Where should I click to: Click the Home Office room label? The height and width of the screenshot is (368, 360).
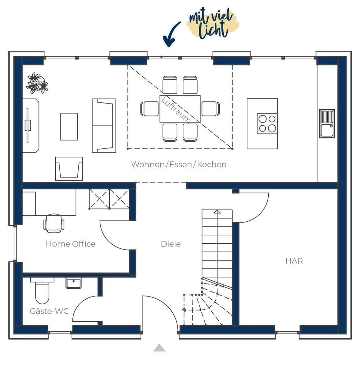coord(71,244)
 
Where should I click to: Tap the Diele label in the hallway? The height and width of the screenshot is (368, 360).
coord(171,244)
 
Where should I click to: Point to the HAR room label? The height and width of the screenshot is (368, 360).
coord(294,261)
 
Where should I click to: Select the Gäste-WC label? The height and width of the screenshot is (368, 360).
coord(49,311)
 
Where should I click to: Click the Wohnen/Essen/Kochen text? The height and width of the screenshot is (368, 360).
coord(179,165)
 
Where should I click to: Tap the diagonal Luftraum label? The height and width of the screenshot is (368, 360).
coord(176,110)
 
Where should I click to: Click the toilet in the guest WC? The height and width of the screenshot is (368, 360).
coord(42,290)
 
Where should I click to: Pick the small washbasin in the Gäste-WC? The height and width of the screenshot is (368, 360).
coord(73,283)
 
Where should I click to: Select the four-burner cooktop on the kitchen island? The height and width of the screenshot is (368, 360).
coord(267,124)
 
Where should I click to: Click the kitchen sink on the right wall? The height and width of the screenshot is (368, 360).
coord(327,124)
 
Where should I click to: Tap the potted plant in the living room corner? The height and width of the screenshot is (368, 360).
coord(37,83)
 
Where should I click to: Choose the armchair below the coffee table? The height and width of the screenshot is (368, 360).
coord(69,169)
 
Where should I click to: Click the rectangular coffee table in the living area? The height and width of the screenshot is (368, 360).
coord(69,126)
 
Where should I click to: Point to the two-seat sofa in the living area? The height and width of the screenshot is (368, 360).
coord(104,126)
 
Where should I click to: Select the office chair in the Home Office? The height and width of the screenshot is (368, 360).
coord(54,223)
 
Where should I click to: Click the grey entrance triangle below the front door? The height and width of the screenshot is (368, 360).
coord(159,348)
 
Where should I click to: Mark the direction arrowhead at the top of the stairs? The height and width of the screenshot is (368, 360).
coord(217,212)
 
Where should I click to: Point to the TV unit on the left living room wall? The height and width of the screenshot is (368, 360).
coord(31,125)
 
